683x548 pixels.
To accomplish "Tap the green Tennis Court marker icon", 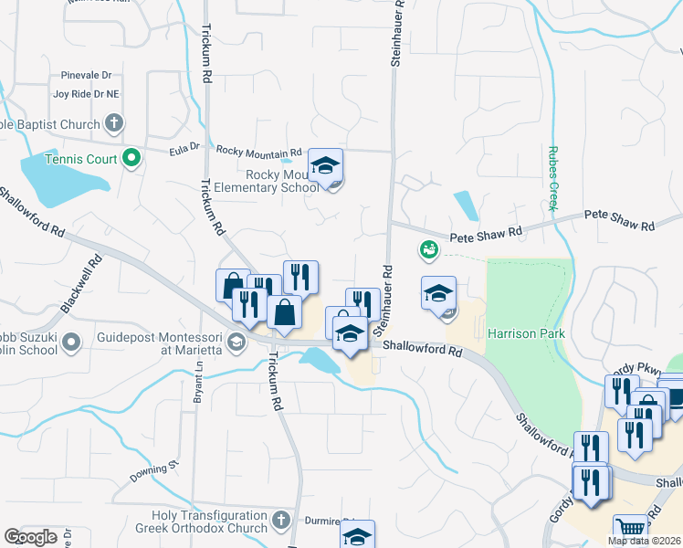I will tap(131, 159).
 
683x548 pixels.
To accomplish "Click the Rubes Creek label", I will tap(552, 178).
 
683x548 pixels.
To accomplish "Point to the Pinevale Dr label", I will tap(86, 76).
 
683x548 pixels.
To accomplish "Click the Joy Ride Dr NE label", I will tap(86, 93).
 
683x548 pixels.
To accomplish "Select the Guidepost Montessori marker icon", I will tap(237, 342).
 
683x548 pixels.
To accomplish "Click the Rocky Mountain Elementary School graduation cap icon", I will tap(325, 165).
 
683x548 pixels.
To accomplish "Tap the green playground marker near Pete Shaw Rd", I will tap(427, 248).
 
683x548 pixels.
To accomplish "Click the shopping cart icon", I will tap(630, 528).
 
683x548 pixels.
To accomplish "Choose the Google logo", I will tap(31, 537).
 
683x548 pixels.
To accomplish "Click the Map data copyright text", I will tap(644, 541).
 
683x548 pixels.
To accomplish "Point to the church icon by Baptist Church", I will tap(114, 123).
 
